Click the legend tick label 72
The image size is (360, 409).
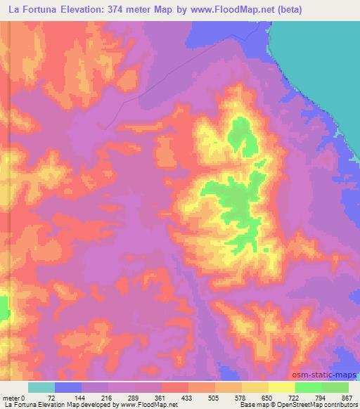[51, 397]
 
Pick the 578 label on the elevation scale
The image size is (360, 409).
[240, 397]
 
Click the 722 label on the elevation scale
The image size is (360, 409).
[294, 397]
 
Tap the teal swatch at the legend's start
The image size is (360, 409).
[41, 387]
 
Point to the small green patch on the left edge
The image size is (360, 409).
[3, 308]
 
